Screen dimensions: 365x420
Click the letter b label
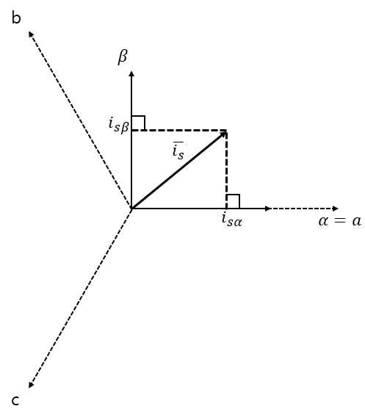pyautogui.click(x=16, y=18)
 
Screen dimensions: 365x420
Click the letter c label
pyautogui.click(x=15, y=401)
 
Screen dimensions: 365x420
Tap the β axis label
pyautogui.click(x=123, y=57)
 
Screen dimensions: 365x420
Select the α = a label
pyautogui.click(x=340, y=221)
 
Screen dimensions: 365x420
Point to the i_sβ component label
pyautogui.click(x=119, y=125)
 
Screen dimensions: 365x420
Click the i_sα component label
pyautogui.click(x=232, y=220)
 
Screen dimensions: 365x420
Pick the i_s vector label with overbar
pyautogui.click(x=178, y=151)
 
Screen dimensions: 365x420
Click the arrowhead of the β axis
pyautogui.click(x=131, y=73)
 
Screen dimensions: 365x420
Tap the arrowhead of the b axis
pyautogui.click(x=31, y=34)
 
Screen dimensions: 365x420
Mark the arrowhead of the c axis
pyautogui.click(x=31, y=385)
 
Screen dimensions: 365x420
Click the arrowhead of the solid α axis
pyautogui.click(x=268, y=209)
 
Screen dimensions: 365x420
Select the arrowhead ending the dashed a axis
pyautogui.click(x=335, y=209)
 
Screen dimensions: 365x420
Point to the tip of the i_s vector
pyautogui.click(x=226, y=131)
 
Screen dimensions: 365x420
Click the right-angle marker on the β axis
pyautogui.click(x=139, y=123)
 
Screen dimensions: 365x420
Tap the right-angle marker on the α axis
pyautogui.click(x=233, y=201)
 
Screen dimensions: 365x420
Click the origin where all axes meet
pyautogui.click(x=131, y=209)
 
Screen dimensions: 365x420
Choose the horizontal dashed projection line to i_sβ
pyautogui.click(x=179, y=131)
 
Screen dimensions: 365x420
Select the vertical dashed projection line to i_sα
pyautogui.click(x=227, y=170)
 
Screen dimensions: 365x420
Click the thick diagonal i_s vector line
pyautogui.click(x=178, y=170)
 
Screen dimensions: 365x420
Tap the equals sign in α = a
pyautogui.click(x=339, y=222)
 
